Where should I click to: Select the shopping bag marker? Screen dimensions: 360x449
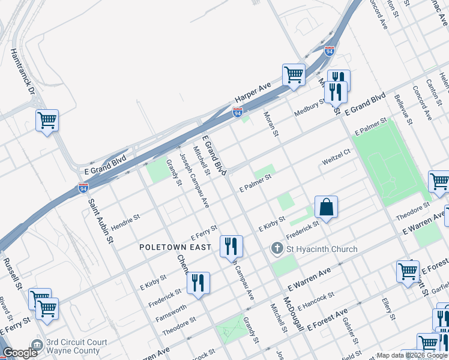[326, 208]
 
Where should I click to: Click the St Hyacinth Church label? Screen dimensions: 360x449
[321, 249]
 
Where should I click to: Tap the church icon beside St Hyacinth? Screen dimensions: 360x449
[277, 248]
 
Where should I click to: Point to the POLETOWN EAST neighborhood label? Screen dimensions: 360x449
[175, 247]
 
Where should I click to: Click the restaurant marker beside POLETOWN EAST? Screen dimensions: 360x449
[231, 245]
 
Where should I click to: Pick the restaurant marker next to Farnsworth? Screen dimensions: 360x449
[198, 283]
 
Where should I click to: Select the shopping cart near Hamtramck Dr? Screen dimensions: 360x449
[47, 121]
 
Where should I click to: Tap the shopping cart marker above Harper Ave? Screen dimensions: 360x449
[294, 75]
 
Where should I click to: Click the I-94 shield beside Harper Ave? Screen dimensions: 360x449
[238, 112]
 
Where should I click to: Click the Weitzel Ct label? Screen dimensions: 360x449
[336, 162]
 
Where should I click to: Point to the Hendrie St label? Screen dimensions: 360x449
[125, 216]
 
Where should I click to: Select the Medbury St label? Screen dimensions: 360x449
[309, 107]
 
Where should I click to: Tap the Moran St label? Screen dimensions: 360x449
[271, 122]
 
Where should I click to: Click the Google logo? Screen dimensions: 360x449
[20, 353]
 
